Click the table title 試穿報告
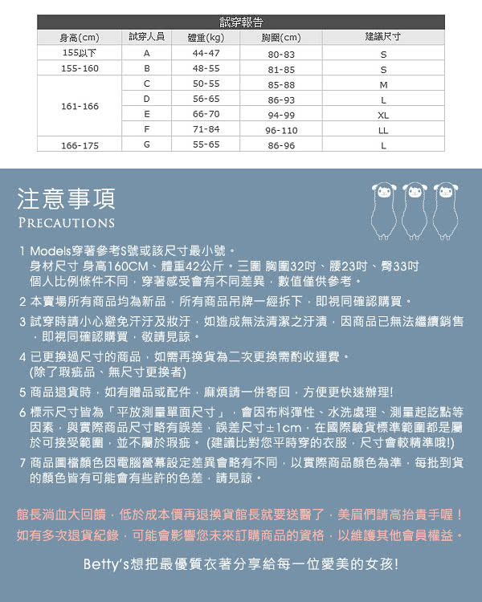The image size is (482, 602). pyautogui.click(x=241, y=22)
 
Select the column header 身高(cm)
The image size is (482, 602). pyautogui.click(x=80, y=37)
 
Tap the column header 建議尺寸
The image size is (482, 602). pyautogui.click(x=382, y=37)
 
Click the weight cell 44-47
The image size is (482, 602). pyautogui.click(x=206, y=53)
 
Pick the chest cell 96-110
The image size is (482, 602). pyautogui.click(x=281, y=130)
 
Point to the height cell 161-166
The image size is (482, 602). pyautogui.click(x=80, y=106)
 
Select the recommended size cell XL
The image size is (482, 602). pyautogui.click(x=383, y=115)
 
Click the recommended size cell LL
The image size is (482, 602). pyautogui.click(x=383, y=130)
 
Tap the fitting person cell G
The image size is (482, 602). pyautogui.click(x=147, y=145)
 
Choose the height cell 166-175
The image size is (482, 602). pyautogui.click(x=80, y=145)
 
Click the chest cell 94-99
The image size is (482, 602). pyautogui.click(x=281, y=115)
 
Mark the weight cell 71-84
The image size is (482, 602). pyautogui.click(x=206, y=130)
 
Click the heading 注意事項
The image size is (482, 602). pyautogui.click(x=67, y=197)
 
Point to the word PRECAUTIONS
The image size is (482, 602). pyautogui.click(x=67, y=222)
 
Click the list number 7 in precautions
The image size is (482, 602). pyautogui.click(x=22, y=463)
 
